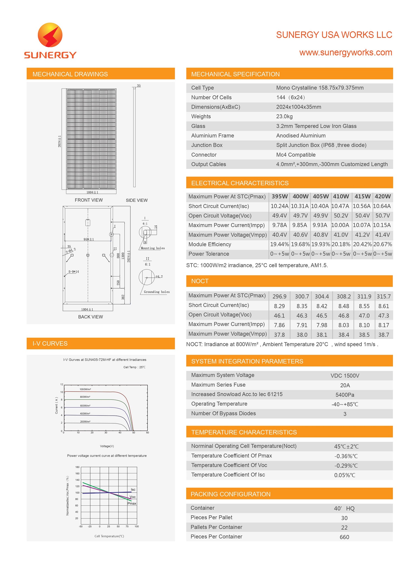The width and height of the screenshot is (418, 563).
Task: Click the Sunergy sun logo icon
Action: [50, 35]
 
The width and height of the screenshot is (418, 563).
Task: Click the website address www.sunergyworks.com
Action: [346, 52]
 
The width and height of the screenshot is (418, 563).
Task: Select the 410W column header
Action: [341, 196]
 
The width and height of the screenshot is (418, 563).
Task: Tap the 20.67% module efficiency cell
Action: [383, 244]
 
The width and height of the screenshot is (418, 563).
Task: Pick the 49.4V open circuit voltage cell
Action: [280, 216]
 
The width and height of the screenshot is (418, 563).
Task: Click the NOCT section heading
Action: [200, 281]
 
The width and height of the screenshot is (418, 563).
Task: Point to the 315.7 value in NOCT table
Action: [384, 297]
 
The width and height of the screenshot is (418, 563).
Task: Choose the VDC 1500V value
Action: [345, 376]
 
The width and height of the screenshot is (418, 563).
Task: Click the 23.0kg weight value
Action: [284, 117]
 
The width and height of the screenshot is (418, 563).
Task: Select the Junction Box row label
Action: [207, 145]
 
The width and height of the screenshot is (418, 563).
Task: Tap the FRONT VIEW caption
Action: [89, 200]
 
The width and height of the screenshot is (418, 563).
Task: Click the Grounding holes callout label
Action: [157, 292]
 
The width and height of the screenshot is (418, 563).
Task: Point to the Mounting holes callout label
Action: [153, 248]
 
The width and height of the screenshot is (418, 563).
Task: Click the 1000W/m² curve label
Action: [85, 389]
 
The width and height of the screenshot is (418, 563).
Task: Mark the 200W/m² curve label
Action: [85, 422]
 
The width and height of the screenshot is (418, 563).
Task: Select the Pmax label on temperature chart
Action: [132, 503]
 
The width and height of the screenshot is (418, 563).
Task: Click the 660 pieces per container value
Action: [344, 537]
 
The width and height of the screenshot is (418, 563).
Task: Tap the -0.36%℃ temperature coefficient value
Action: [346, 456]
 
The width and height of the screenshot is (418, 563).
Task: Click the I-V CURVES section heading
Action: [50, 344]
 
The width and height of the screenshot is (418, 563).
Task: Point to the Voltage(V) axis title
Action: [107, 446]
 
